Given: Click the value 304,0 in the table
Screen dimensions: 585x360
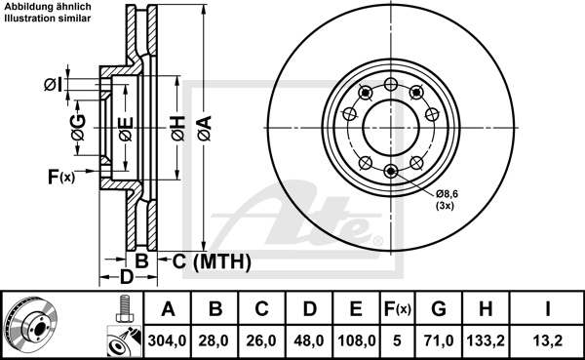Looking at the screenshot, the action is (x=167, y=340).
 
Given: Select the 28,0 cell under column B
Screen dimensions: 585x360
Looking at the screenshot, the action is (x=214, y=340).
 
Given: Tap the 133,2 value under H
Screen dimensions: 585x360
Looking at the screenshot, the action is (x=486, y=340).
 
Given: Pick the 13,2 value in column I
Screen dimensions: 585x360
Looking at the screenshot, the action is (x=547, y=340).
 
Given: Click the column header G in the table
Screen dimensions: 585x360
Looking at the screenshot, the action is (x=439, y=309).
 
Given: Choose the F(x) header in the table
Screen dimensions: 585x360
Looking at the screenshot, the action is (x=398, y=309).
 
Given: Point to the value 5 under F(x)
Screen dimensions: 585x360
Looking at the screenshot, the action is (x=397, y=340).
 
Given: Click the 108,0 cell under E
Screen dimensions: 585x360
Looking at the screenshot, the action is (x=356, y=340).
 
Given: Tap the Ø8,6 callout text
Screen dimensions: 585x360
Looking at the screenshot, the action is (x=447, y=194).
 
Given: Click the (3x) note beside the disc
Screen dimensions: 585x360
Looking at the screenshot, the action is (x=445, y=206).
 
